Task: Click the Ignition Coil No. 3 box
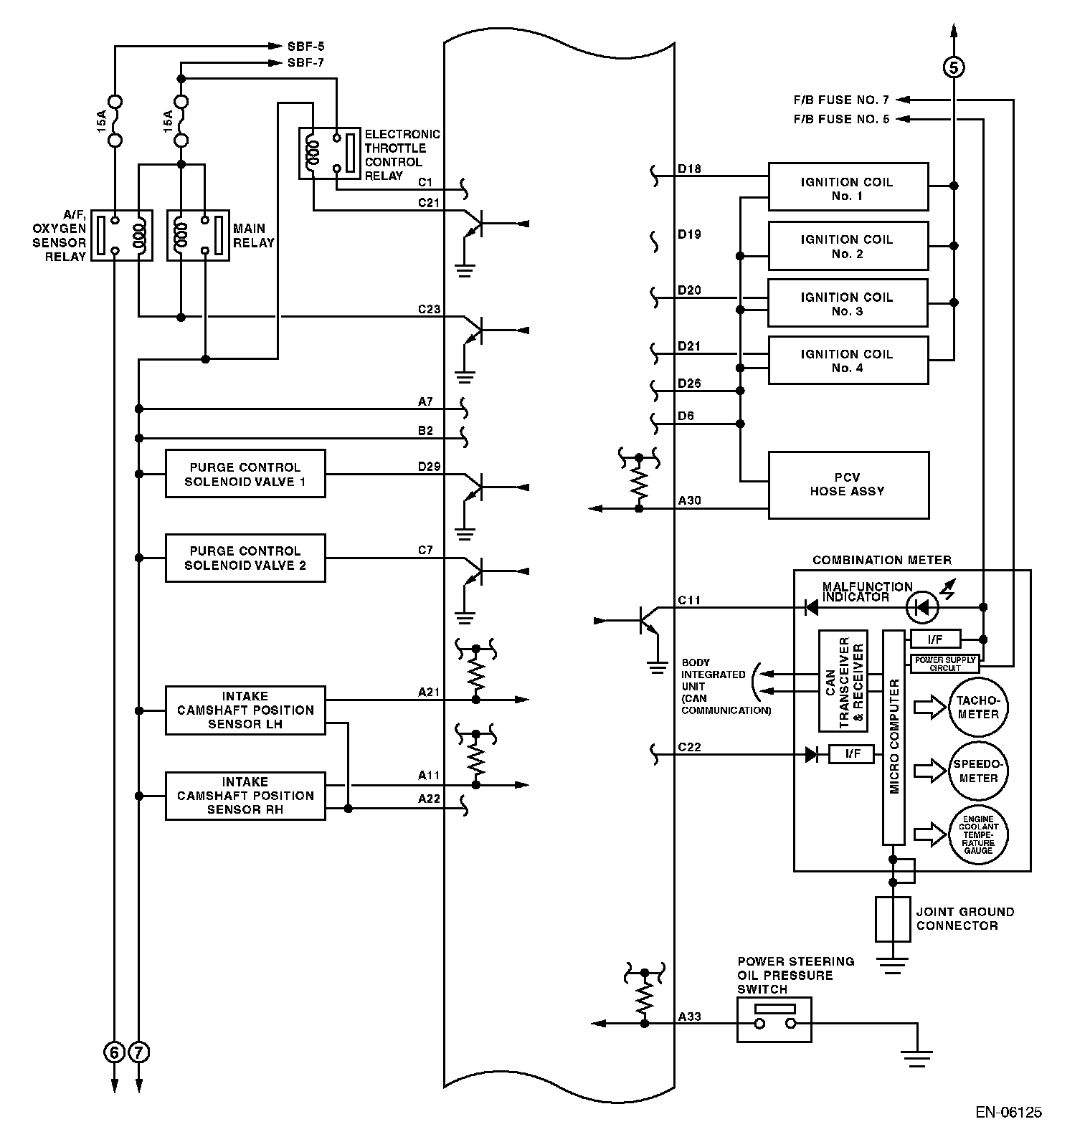coord(848,303)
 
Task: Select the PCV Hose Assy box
coord(848,485)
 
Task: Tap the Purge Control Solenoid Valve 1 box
coord(245,474)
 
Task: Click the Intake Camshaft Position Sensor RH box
coord(245,796)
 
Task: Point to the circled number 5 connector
coord(953,67)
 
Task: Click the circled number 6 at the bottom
coord(114,1052)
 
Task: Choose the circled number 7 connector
coord(139,1052)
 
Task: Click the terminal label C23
coord(429,310)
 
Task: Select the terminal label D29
coord(429,467)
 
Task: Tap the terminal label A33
coord(690,1017)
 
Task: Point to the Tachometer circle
coord(978,708)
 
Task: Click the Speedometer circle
coord(978,771)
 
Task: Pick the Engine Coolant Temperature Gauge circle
coord(978,835)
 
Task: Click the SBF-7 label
coord(305,63)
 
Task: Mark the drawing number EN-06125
coord(1008,1112)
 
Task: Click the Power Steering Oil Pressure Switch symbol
coord(774,1019)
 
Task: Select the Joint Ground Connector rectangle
coord(893,919)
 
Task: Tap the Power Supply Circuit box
coord(944,663)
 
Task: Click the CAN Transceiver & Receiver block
coord(843,680)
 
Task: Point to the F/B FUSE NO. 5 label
coord(841,119)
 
